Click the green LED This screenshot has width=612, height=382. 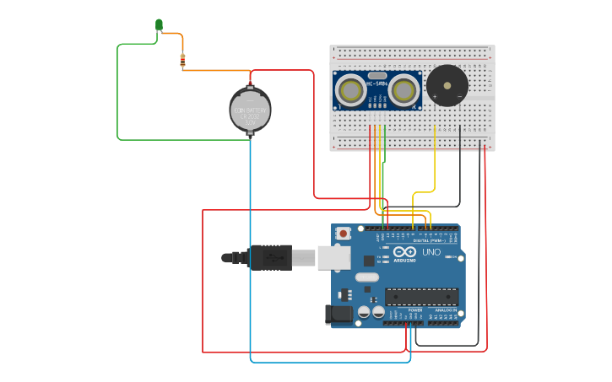coord(159,24)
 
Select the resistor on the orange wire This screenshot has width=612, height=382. coord(182,60)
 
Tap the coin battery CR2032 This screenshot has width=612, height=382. coord(250,110)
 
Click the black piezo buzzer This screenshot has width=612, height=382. coord(447,85)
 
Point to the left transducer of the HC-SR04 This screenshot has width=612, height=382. coord(349,89)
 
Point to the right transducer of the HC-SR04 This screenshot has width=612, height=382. coord(405,89)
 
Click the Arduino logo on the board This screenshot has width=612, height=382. coord(404,252)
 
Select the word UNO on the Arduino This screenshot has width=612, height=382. coord(431,252)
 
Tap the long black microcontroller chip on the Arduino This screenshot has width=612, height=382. coord(421,297)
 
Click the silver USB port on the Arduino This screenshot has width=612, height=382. coord(333,257)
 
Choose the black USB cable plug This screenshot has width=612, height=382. coord(270,257)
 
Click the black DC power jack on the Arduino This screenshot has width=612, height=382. coord(339,314)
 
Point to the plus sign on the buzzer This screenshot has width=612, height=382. coord(435,96)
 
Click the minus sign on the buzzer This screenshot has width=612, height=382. coord(459,96)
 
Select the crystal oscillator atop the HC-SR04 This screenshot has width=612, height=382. coord(377,76)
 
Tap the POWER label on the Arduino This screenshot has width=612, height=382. coord(415,310)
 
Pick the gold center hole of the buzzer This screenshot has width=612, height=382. coord(447,85)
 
